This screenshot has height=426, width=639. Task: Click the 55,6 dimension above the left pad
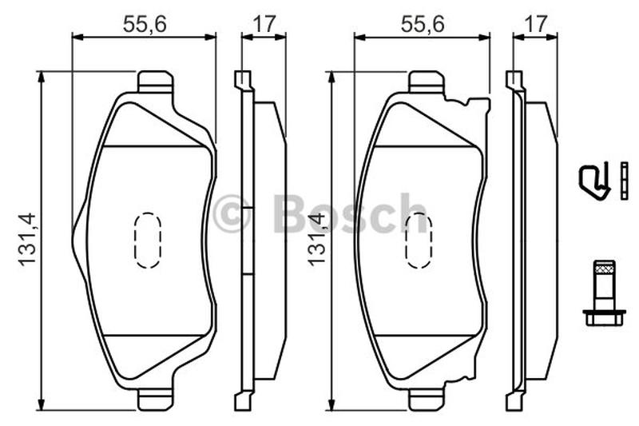pyautogui.click(x=145, y=25)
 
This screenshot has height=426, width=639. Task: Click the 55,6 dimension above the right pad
pyautogui.click(x=423, y=25)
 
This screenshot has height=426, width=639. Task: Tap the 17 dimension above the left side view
pyautogui.click(x=264, y=25)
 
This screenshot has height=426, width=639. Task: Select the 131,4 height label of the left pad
pyautogui.click(x=27, y=240)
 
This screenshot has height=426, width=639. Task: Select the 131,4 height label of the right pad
pyautogui.click(x=317, y=240)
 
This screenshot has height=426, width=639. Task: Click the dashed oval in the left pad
pyautogui.click(x=148, y=240)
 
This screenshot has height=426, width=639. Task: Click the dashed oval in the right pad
pyautogui.click(x=419, y=240)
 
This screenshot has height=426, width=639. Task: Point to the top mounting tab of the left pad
pyautogui.click(x=153, y=82)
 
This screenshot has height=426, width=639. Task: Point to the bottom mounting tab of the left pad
pyautogui.click(x=153, y=401)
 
